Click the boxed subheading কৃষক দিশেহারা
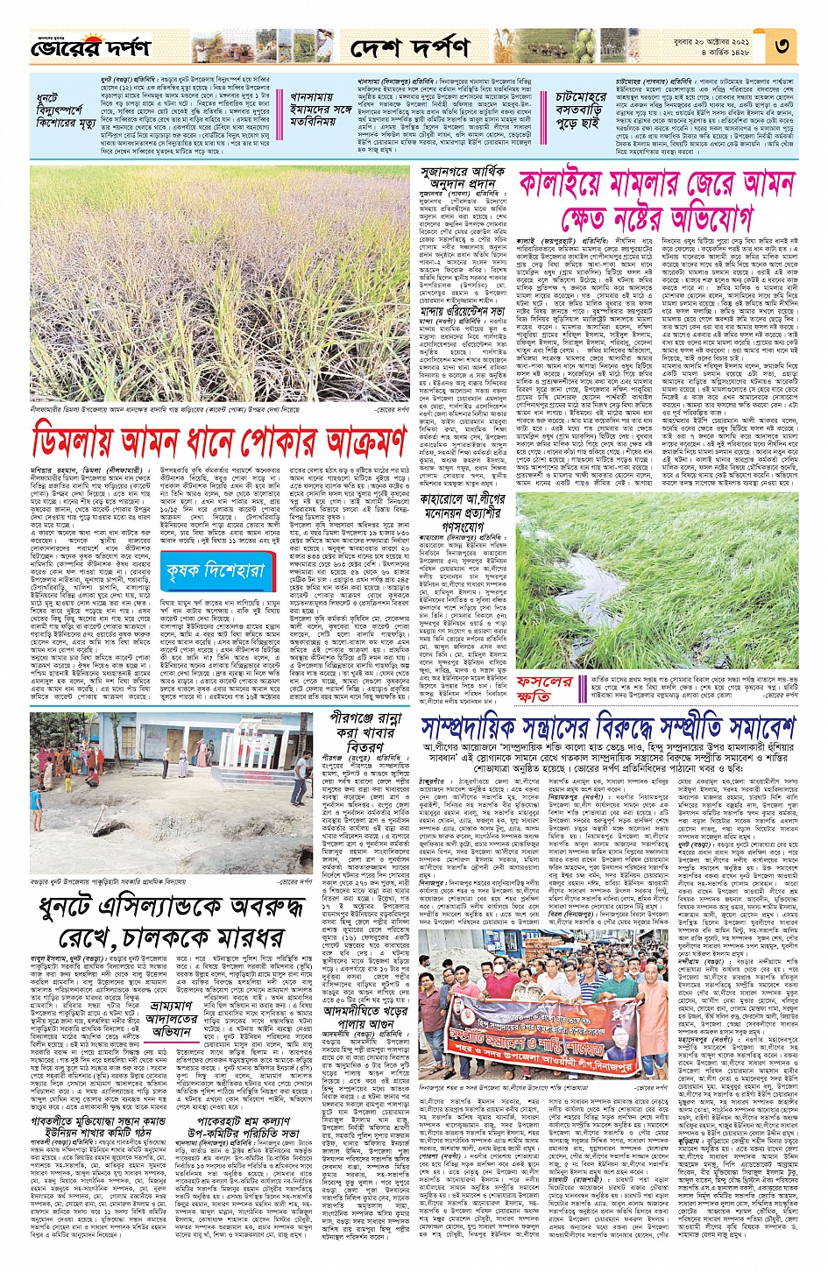(x=214, y=572)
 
